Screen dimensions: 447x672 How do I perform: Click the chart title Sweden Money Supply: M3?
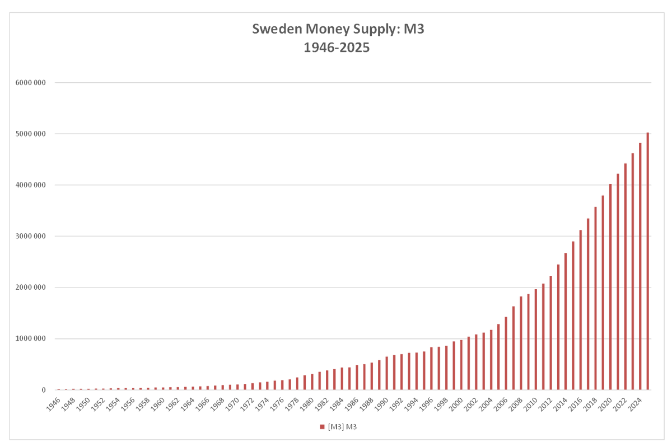338,29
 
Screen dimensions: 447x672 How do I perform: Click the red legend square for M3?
322,427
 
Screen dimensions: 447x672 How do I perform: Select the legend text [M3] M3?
341,427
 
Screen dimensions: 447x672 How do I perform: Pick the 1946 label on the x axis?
54,404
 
